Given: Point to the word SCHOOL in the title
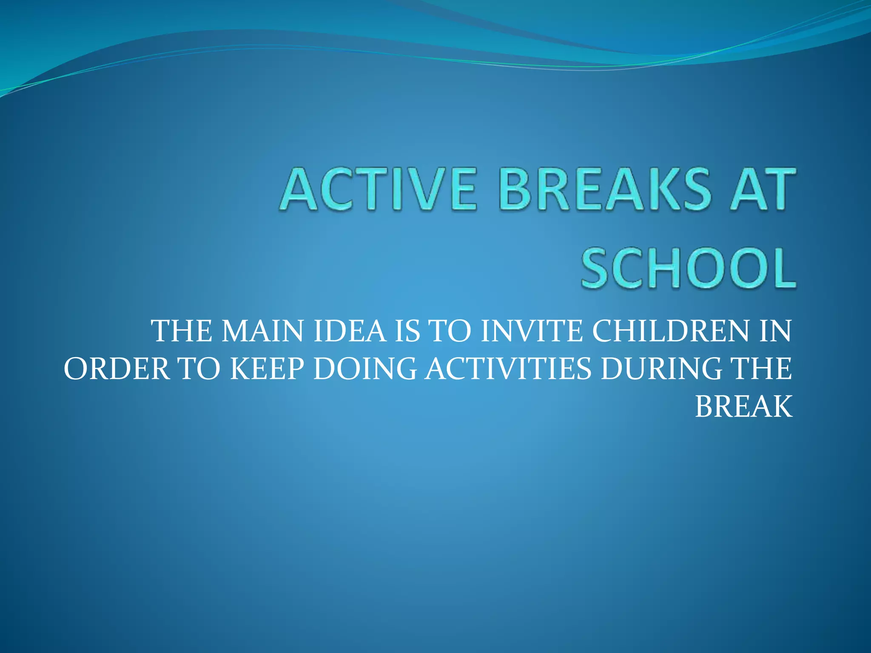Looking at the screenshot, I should click(689, 269).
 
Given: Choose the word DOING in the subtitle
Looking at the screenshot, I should click(365, 369).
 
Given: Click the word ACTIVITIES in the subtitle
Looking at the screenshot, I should click(509, 369).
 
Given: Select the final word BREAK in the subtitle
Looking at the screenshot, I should click(744, 406).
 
